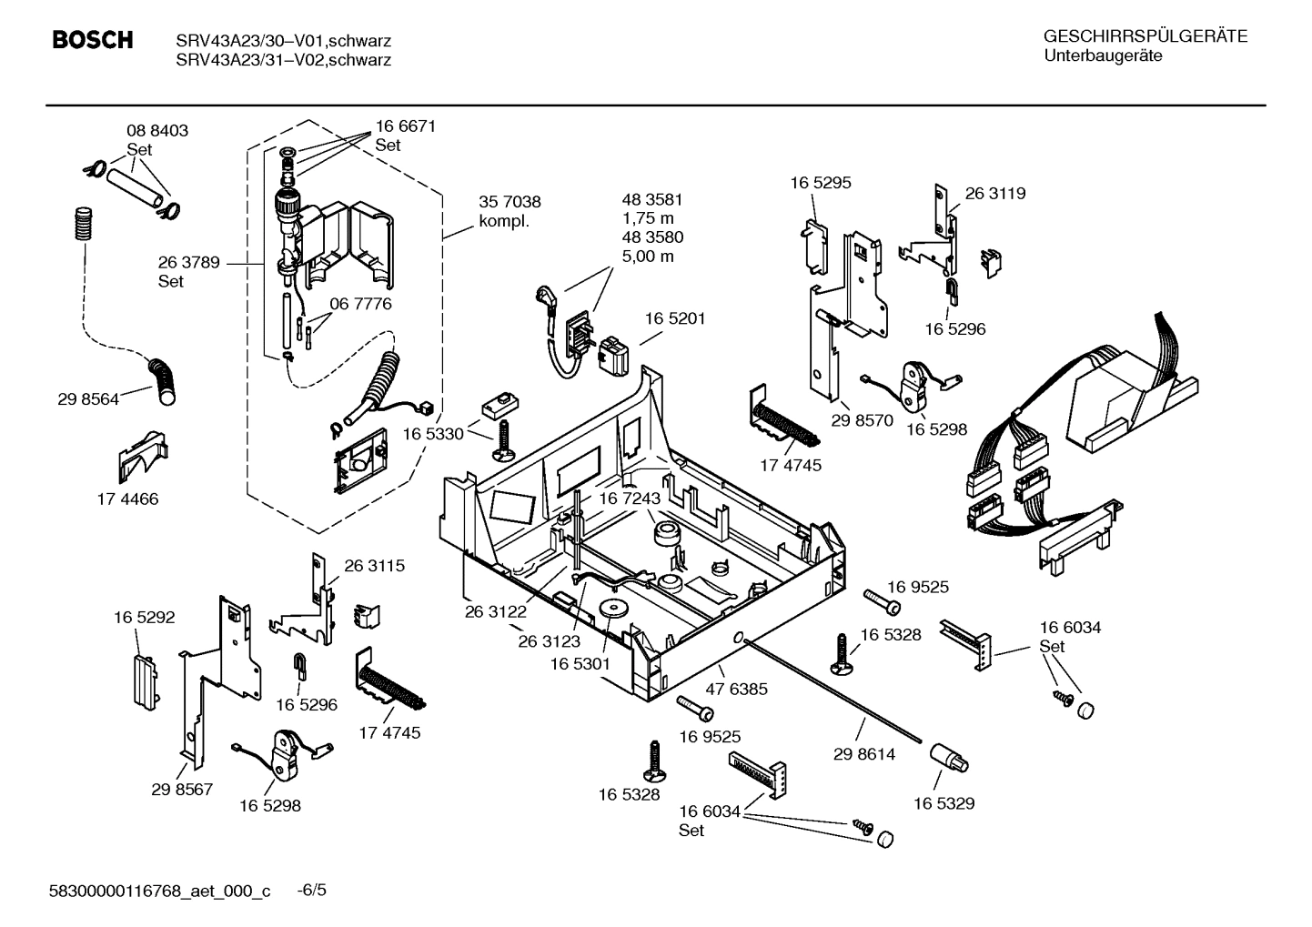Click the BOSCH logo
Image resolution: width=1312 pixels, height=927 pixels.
[93, 41]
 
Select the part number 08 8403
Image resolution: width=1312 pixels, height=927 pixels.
[156, 130]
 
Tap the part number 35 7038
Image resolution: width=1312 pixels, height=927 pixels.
[510, 202]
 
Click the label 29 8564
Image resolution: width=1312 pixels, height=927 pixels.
[87, 398]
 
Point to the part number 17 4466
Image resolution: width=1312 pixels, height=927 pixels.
[126, 499]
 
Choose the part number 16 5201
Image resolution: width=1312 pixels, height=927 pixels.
[675, 318]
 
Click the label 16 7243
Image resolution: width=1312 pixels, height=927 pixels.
[629, 499]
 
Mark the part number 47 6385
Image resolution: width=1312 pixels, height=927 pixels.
[737, 689]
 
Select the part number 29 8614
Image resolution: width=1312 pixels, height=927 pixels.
[863, 754]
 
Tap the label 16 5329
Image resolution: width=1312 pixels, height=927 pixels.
[944, 803]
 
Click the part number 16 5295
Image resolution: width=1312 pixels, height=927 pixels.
[820, 183]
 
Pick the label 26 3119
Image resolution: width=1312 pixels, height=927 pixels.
[994, 193]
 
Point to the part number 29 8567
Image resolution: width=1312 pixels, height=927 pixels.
[182, 789]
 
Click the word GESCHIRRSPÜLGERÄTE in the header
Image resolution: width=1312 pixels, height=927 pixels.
[1145, 37]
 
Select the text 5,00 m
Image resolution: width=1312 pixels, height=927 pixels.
[648, 256]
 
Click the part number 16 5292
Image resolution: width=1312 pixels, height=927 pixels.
[144, 617]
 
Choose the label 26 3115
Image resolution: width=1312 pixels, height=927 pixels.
[374, 565]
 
